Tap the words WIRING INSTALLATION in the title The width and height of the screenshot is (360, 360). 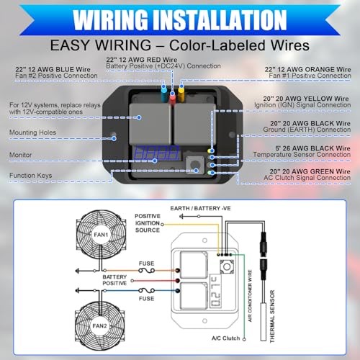coord(180,17)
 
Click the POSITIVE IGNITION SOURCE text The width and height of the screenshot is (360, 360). coord(148,222)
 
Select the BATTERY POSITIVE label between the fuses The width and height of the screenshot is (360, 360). coord(117,281)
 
